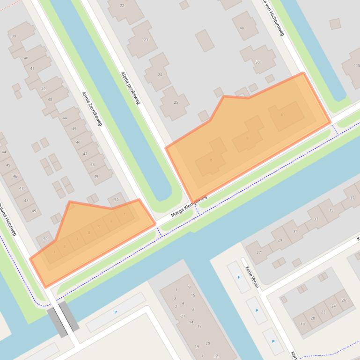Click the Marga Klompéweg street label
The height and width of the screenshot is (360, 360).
pyautogui.click(x=189, y=206)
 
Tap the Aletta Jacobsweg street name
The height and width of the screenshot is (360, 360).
pyautogui.click(x=130, y=88)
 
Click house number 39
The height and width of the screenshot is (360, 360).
pyautogui.click(x=14, y=36)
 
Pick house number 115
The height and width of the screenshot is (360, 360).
pyautogui.click(x=357, y=66)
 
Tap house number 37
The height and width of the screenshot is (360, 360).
pyautogui.click(x=353, y=198)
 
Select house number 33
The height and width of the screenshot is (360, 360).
pyautogui.click(x=316, y=219)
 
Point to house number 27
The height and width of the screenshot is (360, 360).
pyautogui.click(x=258, y=252)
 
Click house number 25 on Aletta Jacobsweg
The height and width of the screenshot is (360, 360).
pyautogui.click(x=176, y=103)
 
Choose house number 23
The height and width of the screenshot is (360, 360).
pyautogui.click(x=146, y=40)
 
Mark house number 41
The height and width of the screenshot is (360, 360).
pyautogui.click(x=32, y=69)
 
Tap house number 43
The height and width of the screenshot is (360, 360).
pyautogui.click(x=50, y=100)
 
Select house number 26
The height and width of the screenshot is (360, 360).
pyautogui.click(x=344, y=300)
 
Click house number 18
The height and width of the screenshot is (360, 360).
pyautogui.click(x=303, y=324)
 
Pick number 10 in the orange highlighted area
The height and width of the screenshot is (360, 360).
pyautogui.click(x=282, y=115)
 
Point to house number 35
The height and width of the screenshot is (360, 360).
pyautogui.click(x=331, y=210)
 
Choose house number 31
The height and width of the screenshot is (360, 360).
pyautogui.click(x=294, y=231)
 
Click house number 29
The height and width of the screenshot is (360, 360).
pyautogui.click(x=280, y=240)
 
